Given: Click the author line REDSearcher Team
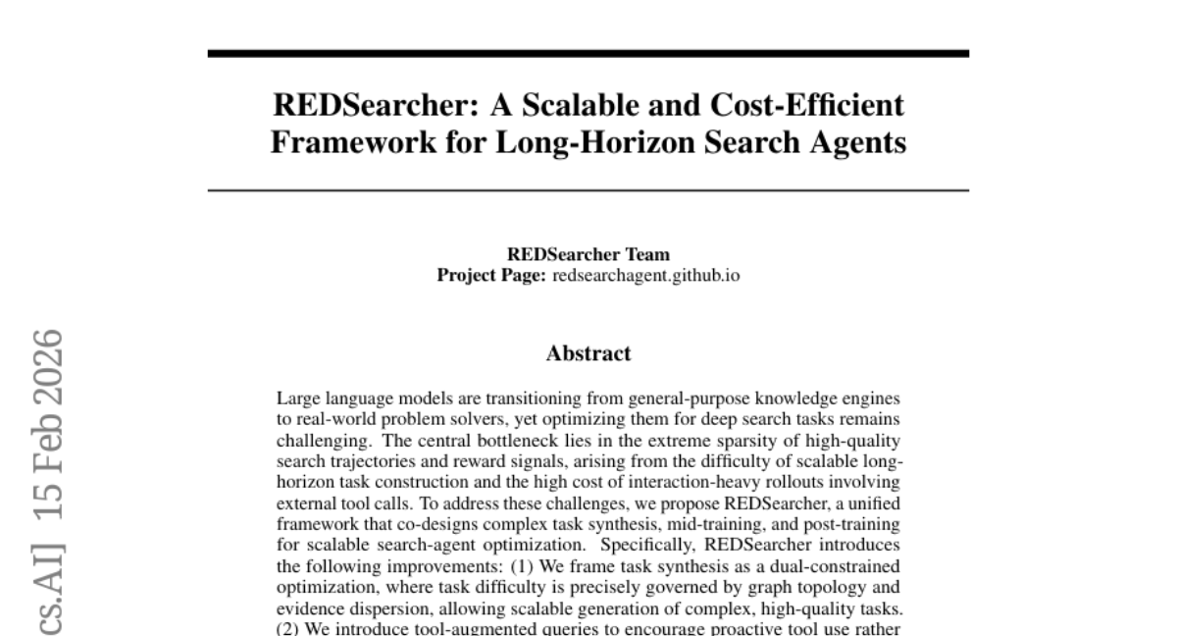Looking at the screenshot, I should pyautogui.click(x=588, y=256).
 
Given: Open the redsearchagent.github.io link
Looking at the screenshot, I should pyautogui.click(x=646, y=276).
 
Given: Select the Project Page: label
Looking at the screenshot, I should pyautogui.click(x=490, y=276).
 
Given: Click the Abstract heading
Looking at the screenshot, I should pyautogui.click(x=588, y=353).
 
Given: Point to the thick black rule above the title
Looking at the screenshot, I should pyautogui.click(x=588, y=53).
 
